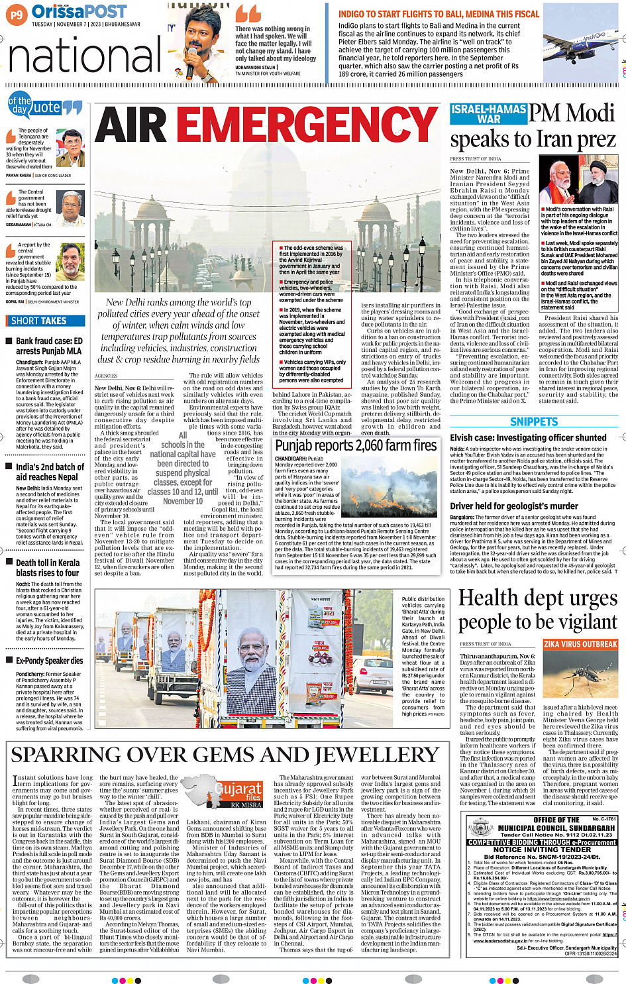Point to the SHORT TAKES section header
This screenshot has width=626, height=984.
[39, 321]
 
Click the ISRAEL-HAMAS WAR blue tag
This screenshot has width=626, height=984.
[488, 114]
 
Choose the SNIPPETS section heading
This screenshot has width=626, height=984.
[534, 422]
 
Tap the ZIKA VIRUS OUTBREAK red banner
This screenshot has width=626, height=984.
[580, 644]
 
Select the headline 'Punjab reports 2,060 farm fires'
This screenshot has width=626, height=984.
[356, 445]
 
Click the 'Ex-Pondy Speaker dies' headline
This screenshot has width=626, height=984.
[49, 661]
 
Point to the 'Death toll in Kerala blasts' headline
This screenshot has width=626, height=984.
[47, 567]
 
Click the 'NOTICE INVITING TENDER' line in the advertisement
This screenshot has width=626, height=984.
[542, 849]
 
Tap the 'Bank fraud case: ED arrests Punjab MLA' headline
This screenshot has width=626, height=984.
[48, 346]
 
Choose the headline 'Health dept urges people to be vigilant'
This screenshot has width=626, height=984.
[537, 610]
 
